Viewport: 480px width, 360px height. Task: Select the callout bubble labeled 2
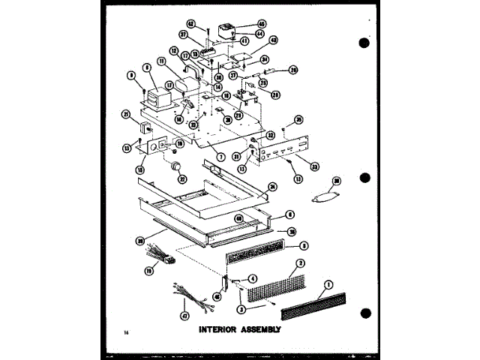299,262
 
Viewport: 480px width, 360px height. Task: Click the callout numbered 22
181,178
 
